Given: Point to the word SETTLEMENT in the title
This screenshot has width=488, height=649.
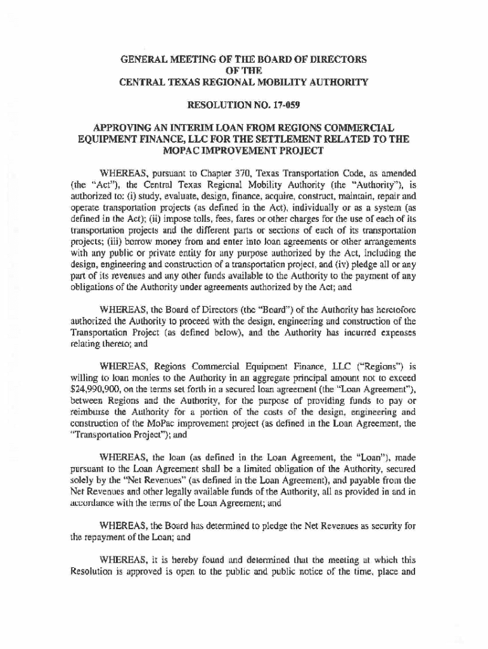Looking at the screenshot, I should coord(295,139).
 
